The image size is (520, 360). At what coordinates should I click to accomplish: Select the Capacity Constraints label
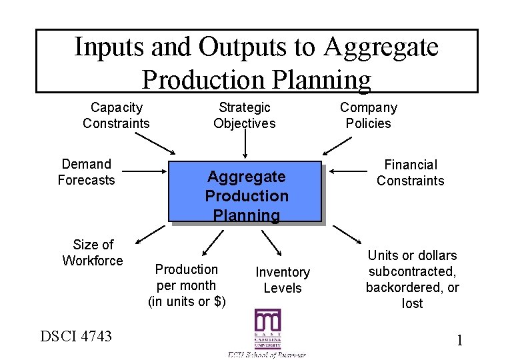116,115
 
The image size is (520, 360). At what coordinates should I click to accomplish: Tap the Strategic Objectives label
244,115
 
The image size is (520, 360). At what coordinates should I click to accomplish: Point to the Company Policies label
368,115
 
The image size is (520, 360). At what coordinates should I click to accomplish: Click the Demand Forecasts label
86,172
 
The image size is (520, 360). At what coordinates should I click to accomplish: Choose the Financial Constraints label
410,173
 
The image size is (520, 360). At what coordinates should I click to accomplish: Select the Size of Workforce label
93,253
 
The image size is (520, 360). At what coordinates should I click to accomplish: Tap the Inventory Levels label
283,280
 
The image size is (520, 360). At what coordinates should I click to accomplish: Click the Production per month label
187,285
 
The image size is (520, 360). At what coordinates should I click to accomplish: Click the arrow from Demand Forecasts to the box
145,171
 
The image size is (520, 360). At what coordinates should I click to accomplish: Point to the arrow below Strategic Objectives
245,144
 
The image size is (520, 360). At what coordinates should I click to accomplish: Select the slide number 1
459,341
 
